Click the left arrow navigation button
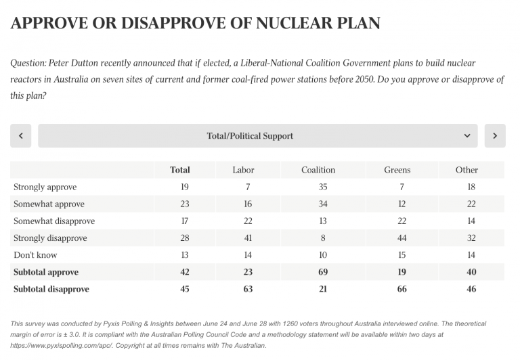tap(21, 136)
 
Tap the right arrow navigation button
tap(495, 136)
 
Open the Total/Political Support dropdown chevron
tap(467, 136)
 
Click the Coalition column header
tap(318, 170)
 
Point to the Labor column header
tap(243, 170)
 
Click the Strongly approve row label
tap(45, 187)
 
